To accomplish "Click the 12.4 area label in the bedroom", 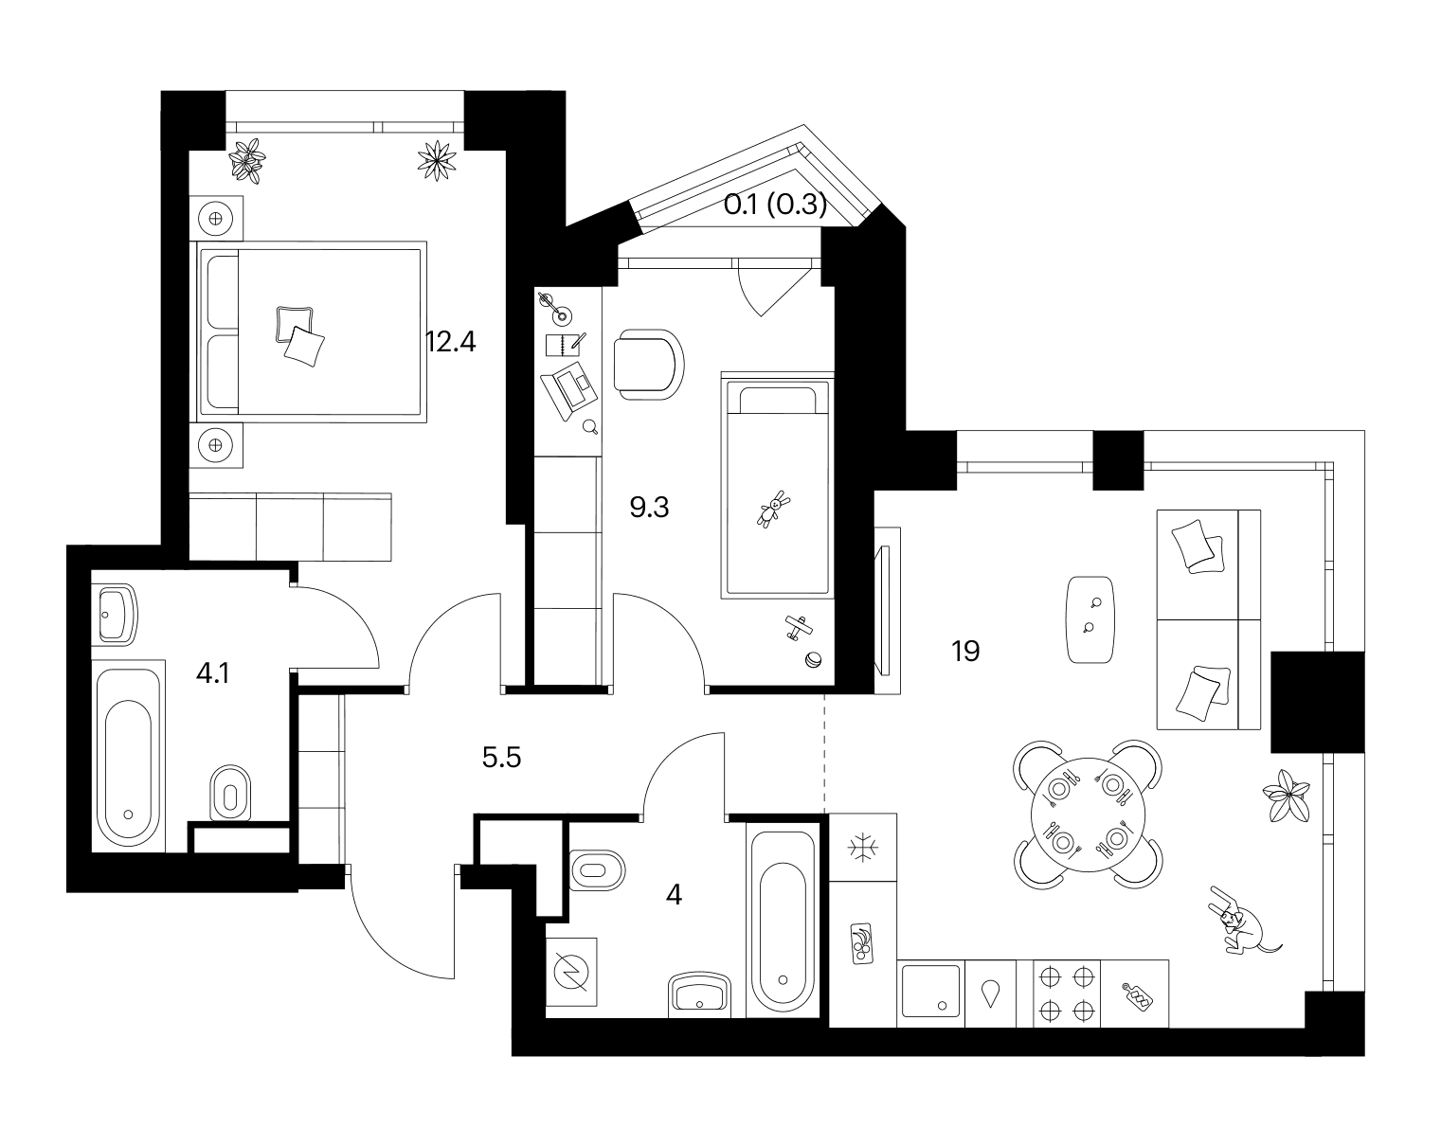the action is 451,342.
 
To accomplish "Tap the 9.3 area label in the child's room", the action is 649,508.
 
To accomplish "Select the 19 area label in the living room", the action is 965,651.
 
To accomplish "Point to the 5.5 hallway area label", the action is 501,758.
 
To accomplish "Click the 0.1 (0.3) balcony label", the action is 775,205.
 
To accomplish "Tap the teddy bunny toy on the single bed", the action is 773,510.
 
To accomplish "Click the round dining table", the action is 1089,815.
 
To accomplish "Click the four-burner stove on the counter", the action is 1067,994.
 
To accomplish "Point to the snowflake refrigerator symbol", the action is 862,848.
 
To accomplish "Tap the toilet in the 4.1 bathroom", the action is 230,793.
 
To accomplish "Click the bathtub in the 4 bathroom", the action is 783,922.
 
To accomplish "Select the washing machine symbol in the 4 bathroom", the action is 571,972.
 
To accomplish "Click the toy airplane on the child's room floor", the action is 800,629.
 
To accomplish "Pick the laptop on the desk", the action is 569,390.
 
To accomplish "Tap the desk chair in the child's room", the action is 648,365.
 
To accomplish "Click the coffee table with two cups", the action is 1090,619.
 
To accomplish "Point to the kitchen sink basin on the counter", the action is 930,991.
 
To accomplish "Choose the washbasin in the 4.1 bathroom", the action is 117,615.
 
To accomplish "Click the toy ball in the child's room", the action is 813,660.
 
